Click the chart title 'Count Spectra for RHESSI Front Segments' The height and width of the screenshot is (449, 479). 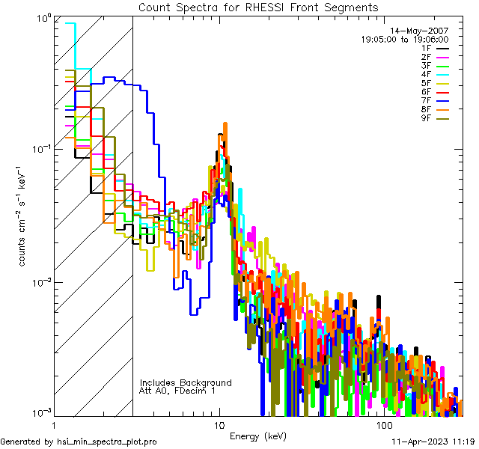pos(258,7)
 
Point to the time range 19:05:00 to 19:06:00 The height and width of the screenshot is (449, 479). pos(404,39)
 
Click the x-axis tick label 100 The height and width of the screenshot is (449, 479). pos(383,424)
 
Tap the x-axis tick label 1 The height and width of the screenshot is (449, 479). pos(50,424)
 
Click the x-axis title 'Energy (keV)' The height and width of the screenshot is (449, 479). pos(257,436)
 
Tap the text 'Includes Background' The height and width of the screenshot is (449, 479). pos(186,382)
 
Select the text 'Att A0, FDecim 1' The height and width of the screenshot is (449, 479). pos(177,391)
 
